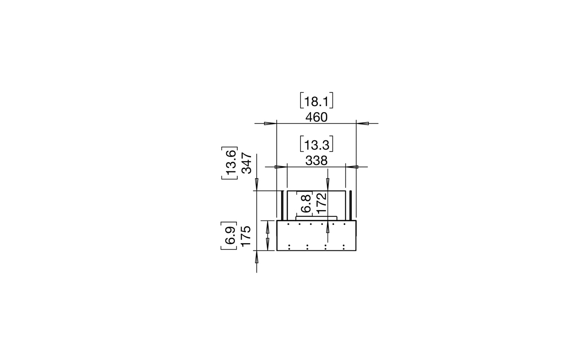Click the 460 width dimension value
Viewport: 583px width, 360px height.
(x=316, y=118)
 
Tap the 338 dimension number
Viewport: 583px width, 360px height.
(x=316, y=161)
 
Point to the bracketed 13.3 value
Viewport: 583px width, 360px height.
(x=316, y=144)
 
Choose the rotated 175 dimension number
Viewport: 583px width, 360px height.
(x=246, y=236)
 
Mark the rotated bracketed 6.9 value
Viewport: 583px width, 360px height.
(x=229, y=236)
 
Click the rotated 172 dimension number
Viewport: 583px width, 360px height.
(x=322, y=204)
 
